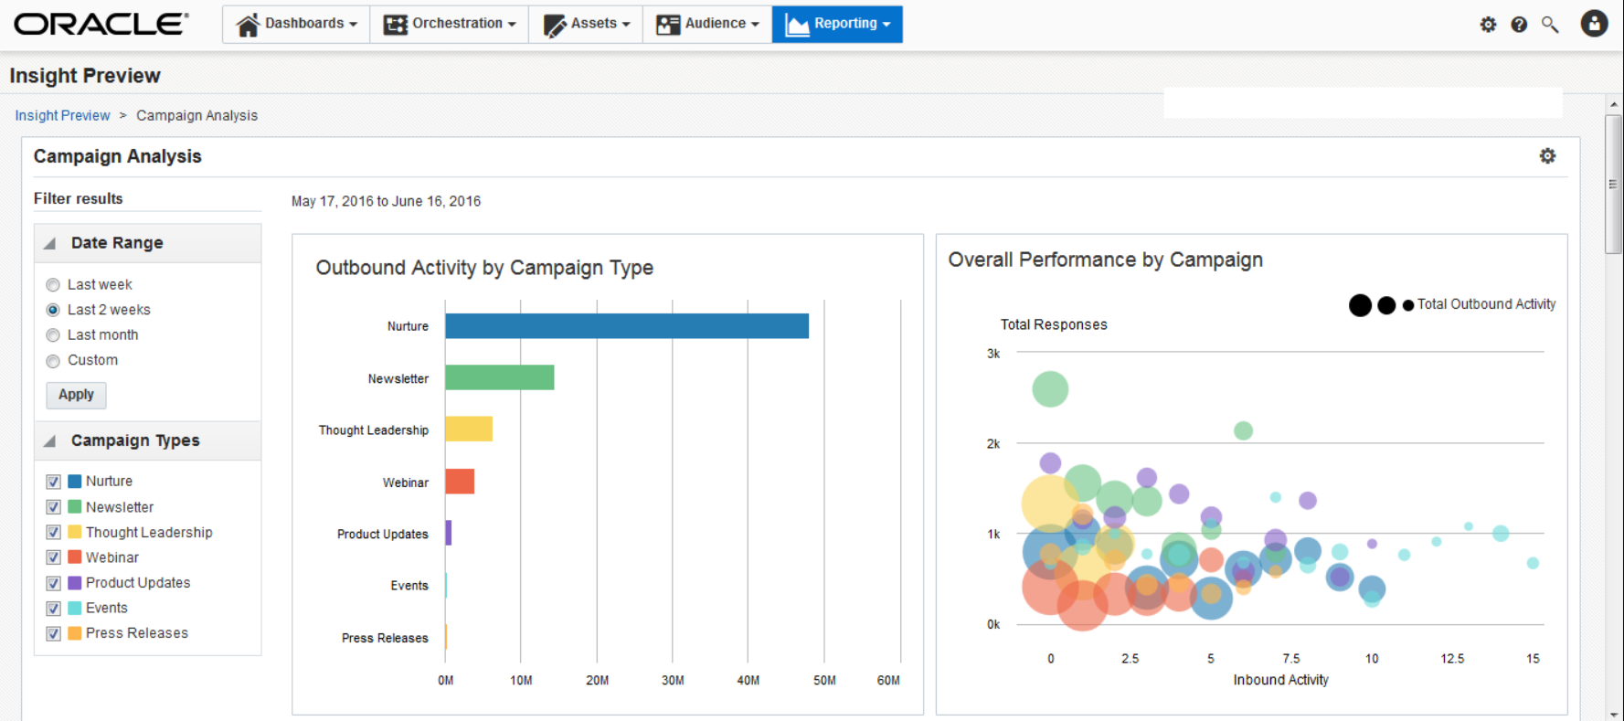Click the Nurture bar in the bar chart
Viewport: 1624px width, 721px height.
(x=626, y=326)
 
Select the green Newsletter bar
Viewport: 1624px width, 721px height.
(x=499, y=377)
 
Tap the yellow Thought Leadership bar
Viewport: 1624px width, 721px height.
(x=468, y=429)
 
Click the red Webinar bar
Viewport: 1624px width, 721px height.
(x=459, y=481)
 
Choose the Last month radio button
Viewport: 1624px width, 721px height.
(x=53, y=335)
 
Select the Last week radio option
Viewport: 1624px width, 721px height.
(x=53, y=285)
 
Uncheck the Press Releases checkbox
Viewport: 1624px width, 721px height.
(x=54, y=633)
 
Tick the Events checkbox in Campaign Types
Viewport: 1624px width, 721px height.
(x=54, y=609)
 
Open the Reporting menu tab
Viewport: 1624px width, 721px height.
(x=837, y=24)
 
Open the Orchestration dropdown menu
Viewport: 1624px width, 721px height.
(x=450, y=24)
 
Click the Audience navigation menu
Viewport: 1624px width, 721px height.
(x=707, y=24)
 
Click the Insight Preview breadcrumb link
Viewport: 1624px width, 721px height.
(x=62, y=115)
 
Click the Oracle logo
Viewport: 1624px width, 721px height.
(x=101, y=24)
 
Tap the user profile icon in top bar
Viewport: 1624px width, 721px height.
(x=1594, y=24)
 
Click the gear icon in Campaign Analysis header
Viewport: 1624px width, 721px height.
(x=1547, y=156)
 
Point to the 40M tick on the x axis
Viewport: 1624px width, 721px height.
(x=748, y=680)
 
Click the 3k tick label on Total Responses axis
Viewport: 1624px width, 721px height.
(x=993, y=354)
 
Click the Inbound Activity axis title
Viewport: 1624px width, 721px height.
(x=1280, y=680)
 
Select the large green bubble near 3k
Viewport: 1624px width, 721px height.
(x=1050, y=389)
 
